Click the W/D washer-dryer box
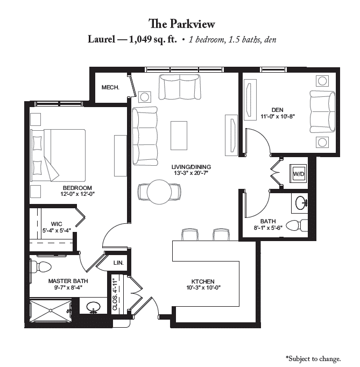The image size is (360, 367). [298, 173]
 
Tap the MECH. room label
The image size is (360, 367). [110, 88]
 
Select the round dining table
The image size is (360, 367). [159, 192]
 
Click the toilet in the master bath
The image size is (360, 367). [41, 266]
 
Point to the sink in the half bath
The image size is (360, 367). [301, 203]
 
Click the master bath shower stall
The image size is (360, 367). [51, 310]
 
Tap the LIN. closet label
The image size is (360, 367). [118, 263]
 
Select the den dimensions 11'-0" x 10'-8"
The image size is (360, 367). [277, 116]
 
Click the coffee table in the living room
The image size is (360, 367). [179, 135]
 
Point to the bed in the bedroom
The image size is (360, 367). [58, 155]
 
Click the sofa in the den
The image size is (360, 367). [322, 112]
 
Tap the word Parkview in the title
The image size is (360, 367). [192, 24]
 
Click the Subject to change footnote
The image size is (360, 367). [313, 358]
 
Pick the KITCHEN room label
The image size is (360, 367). [203, 281]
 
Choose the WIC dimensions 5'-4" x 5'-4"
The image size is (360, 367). [57, 230]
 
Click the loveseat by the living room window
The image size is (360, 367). [180, 87]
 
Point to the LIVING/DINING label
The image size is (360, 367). [191, 167]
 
